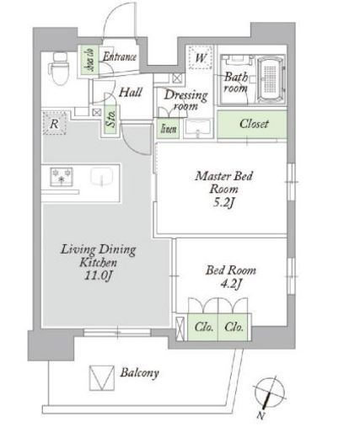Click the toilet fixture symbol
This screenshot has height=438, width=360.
pyautogui.click(x=60, y=68)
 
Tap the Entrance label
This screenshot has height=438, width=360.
pyautogui.click(x=120, y=56)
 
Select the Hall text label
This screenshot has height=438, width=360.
pyautogui.click(x=131, y=92)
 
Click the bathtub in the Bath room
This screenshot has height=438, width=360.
pyautogui.click(x=271, y=79)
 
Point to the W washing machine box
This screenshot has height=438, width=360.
pyautogui.click(x=201, y=57)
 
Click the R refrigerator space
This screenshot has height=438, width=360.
pyautogui.click(x=55, y=123)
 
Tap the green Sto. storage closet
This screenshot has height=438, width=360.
pyautogui.click(x=111, y=120)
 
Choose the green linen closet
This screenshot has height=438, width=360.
pyautogui.click(x=168, y=129)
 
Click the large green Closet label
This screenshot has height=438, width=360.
pyautogui.click(x=254, y=124)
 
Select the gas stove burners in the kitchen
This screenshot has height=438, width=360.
pyautogui.click(x=62, y=177)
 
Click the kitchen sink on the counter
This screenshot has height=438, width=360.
pyautogui.click(x=101, y=177)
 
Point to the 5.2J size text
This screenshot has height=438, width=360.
pyautogui.click(x=223, y=202)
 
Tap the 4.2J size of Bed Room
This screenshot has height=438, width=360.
pyautogui.click(x=231, y=284)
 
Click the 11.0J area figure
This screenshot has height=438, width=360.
pyautogui.click(x=99, y=276)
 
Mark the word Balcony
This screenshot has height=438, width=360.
pyautogui.click(x=140, y=373)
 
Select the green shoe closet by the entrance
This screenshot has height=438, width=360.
pyautogui.click(x=90, y=60)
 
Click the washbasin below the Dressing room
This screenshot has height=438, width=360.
pyautogui.click(x=198, y=128)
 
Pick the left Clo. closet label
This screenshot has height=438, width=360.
pyautogui.click(x=203, y=327)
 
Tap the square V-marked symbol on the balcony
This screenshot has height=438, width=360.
pyautogui.click(x=102, y=378)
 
